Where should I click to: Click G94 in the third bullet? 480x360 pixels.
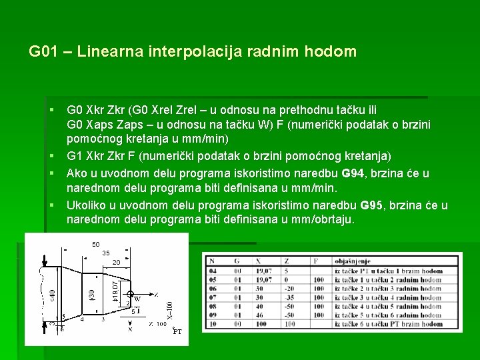point(353,174)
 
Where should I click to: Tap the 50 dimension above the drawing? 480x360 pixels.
point(96,245)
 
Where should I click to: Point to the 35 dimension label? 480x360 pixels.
point(105,253)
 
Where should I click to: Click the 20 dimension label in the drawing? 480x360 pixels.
point(116,263)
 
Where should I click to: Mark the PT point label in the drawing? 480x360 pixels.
point(177,331)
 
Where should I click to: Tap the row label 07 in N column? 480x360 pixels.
point(212,297)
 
